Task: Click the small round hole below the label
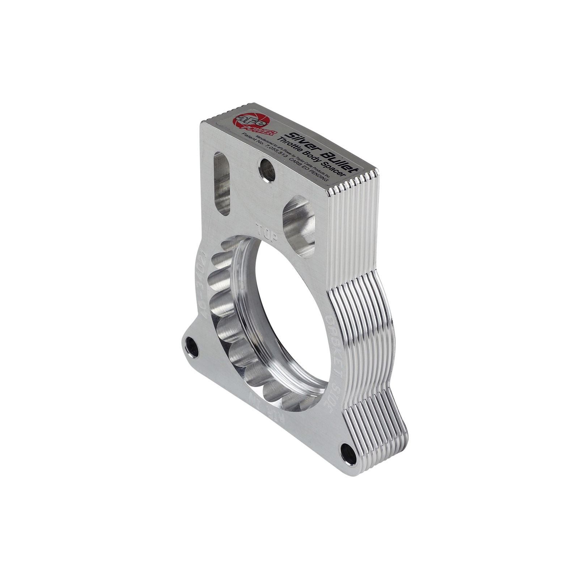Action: coord(267,170)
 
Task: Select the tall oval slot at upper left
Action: coord(222,184)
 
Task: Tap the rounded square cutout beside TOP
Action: coord(299,227)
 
